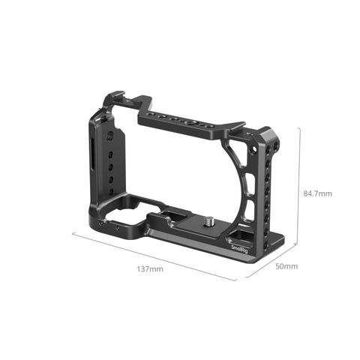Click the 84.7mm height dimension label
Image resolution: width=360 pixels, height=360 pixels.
318,193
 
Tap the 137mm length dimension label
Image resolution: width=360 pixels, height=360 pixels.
150,269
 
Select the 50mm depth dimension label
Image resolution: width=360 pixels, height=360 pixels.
286,266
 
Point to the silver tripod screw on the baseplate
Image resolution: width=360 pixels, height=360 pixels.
208,220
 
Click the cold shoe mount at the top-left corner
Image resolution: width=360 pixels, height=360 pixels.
115,96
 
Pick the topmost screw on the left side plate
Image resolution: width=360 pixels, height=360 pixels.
110,136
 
